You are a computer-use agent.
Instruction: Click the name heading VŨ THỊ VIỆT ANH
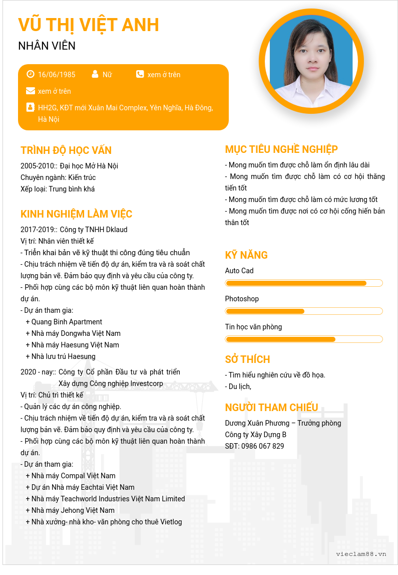point(89,25)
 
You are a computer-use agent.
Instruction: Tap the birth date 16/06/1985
point(57,75)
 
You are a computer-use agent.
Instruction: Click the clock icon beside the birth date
point(31,74)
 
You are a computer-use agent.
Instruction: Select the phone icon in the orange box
point(140,74)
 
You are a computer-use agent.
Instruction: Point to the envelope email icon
point(31,91)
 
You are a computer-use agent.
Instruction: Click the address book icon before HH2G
point(31,107)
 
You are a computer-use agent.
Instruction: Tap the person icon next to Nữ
point(95,74)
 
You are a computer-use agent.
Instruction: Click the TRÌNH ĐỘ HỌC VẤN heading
point(66,150)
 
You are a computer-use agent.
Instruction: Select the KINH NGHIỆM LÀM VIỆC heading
point(76,214)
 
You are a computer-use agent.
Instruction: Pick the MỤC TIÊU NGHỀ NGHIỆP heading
point(281,149)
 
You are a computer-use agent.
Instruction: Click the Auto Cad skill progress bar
point(304,283)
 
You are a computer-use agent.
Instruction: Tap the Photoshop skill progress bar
point(304,311)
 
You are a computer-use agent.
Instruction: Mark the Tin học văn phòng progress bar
point(304,339)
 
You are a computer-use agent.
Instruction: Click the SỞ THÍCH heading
point(247,359)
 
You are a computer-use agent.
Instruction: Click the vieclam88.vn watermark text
point(361,554)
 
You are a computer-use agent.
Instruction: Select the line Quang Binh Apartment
point(67,322)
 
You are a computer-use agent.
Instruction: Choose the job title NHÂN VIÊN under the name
point(47,46)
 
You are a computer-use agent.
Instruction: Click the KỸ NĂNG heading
point(246,255)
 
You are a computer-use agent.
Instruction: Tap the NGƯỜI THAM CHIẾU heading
point(271,407)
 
